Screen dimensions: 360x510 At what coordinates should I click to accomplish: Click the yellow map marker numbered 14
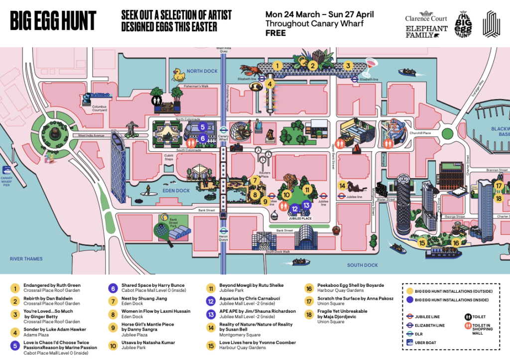click(x=342, y=186)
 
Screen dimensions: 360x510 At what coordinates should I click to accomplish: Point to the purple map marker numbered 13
click(x=306, y=205)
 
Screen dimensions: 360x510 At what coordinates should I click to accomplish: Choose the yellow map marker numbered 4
click(x=270, y=84)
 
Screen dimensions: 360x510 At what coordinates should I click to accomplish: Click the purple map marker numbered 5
click(x=203, y=126)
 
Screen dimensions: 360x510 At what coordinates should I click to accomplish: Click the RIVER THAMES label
click(x=26, y=259)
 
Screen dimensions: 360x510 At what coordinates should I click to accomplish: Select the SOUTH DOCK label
click(x=362, y=265)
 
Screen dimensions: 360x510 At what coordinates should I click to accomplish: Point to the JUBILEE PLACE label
click(x=300, y=218)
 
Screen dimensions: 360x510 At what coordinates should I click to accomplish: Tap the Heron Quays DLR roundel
click(x=224, y=231)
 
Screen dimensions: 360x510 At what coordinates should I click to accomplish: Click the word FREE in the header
click(x=275, y=33)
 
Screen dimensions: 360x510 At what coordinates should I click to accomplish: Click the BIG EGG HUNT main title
click(x=53, y=21)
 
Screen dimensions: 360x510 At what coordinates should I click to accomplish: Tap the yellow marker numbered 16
click(x=456, y=243)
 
